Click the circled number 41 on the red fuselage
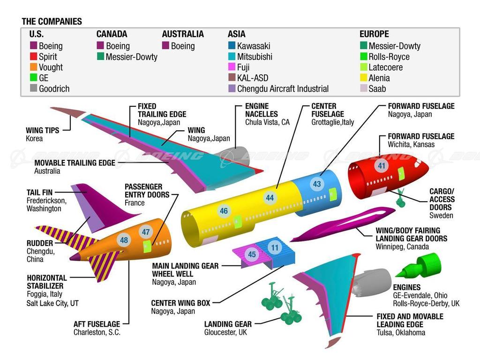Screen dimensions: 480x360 coord(381,165)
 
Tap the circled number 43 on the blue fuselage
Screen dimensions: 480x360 coord(317,184)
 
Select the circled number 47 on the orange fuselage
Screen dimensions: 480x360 coord(146,232)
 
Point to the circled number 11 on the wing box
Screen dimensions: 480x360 coord(275,247)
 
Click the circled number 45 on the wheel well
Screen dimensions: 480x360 coord(252,254)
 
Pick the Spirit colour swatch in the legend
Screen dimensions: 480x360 coord(33,56)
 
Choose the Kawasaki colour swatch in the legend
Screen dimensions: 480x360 coord(232,45)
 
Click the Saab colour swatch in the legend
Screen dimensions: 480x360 coord(363,89)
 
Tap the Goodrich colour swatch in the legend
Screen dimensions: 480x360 coord(33,88)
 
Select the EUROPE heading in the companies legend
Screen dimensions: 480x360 coord(374,34)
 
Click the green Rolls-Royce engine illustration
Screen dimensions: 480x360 coord(419,266)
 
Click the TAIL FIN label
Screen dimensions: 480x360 coord(39,192)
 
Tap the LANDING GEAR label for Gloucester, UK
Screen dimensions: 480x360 coord(228,324)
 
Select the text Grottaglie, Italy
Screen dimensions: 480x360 coord(332,122)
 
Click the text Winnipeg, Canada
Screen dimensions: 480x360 coord(402,247)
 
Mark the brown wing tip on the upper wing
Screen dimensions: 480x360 coord(69,112)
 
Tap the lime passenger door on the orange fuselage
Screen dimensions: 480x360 coord(147,247)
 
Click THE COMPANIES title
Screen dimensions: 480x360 coord(52,22)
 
